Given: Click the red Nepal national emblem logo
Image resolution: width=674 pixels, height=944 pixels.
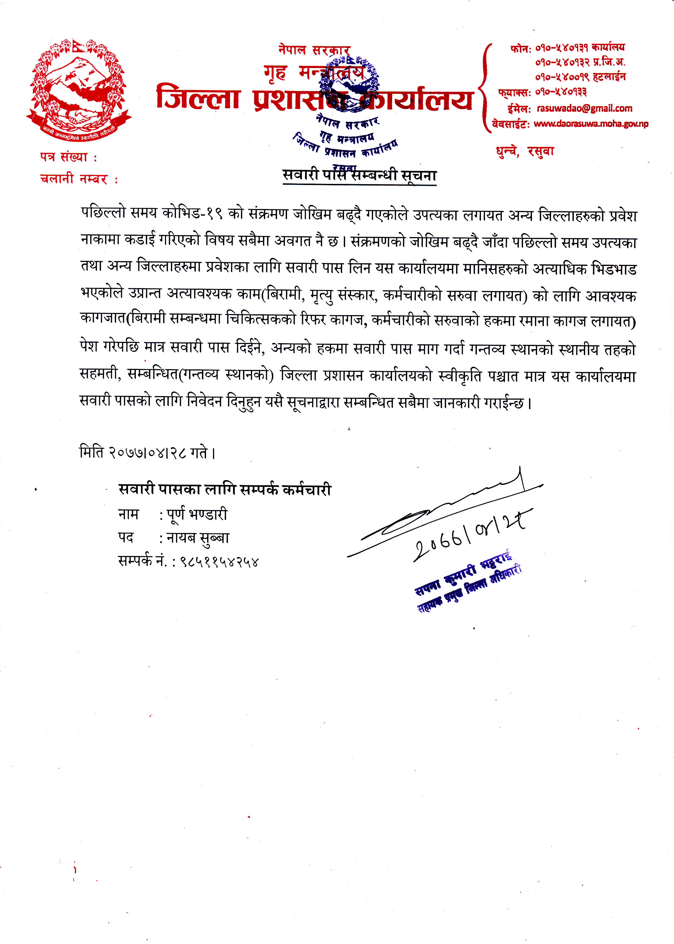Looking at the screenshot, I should click(x=78, y=89).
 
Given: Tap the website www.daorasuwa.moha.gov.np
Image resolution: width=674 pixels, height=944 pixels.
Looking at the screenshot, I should click(x=591, y=124).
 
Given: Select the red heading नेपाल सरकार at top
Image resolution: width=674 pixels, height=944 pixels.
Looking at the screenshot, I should click(x=314, y=50).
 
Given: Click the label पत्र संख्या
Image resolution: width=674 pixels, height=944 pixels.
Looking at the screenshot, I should click(x=64, y=157).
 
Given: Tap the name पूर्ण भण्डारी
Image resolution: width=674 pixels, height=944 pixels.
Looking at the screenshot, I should click(x=197, y=515).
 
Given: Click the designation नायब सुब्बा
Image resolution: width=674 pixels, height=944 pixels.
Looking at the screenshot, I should click(x=198, y=538).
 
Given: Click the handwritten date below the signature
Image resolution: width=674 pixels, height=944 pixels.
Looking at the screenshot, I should click(x=471, y=535).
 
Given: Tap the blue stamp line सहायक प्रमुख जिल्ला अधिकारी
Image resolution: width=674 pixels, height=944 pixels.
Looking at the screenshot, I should click(x=469, y=589).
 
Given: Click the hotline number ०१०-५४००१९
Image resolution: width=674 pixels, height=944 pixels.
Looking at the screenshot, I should click(x=561, y=77).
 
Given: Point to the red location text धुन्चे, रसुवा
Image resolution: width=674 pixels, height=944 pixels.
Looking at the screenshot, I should click(x=525, y=151).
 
